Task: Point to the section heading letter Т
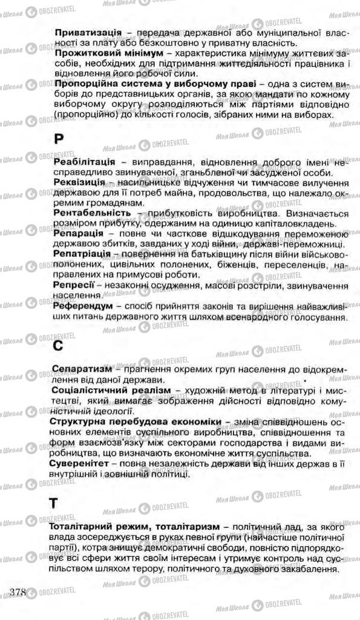56,503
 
